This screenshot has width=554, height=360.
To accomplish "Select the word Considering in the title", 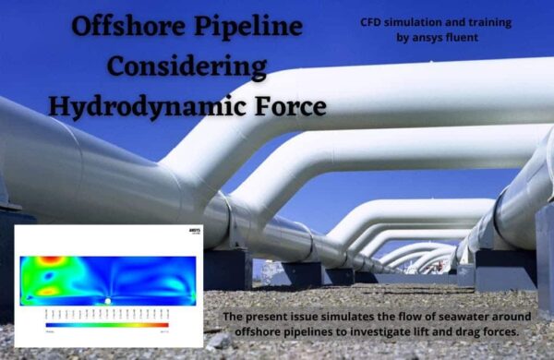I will pos(187,66).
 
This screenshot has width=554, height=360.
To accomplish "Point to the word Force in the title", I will pos(285,106).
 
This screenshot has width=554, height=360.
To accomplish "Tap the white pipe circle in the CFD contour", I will pos(108,301).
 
